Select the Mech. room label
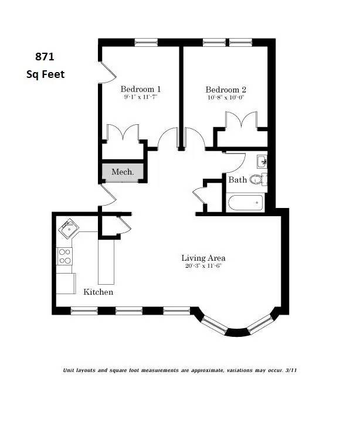tap(123, 172)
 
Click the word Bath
tap(237, 180)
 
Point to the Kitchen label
tap(98, 292)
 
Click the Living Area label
tap(203, 258)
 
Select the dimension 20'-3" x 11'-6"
tap(203, 266)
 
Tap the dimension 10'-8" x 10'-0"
tap(225, 98)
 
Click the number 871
tap(45, 57)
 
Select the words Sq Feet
tap(45, 74)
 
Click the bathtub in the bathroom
tap(245, 204)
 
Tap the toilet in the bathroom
tap(257, 179)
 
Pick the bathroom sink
tap(262, 161)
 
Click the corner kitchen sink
tap(68, 228)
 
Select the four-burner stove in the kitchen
tap(65, 256)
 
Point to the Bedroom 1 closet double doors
tap(123, 133)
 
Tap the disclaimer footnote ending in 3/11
tap(184, 370)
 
